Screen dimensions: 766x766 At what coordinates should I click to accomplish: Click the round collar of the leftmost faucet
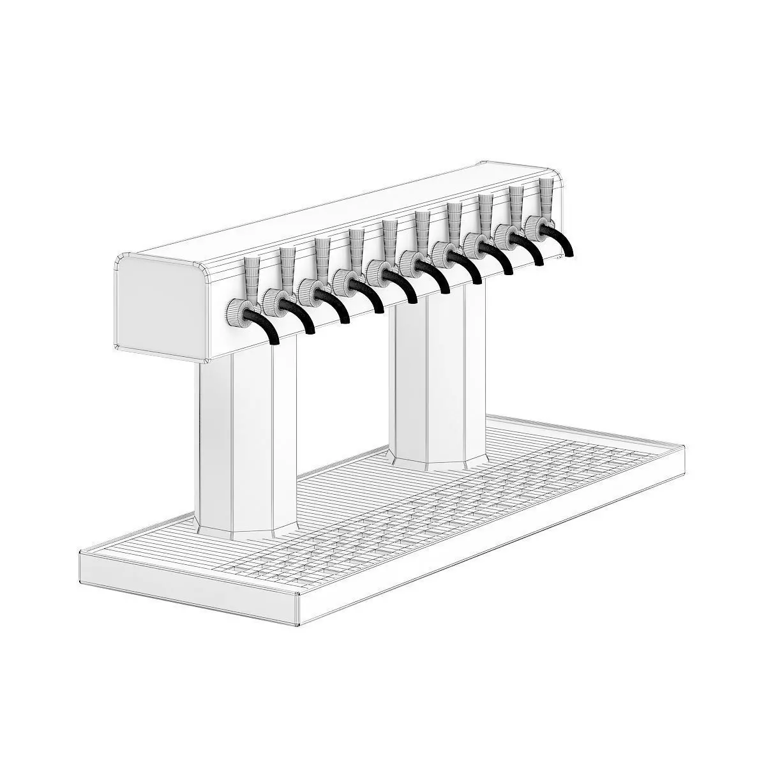[237, 310]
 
